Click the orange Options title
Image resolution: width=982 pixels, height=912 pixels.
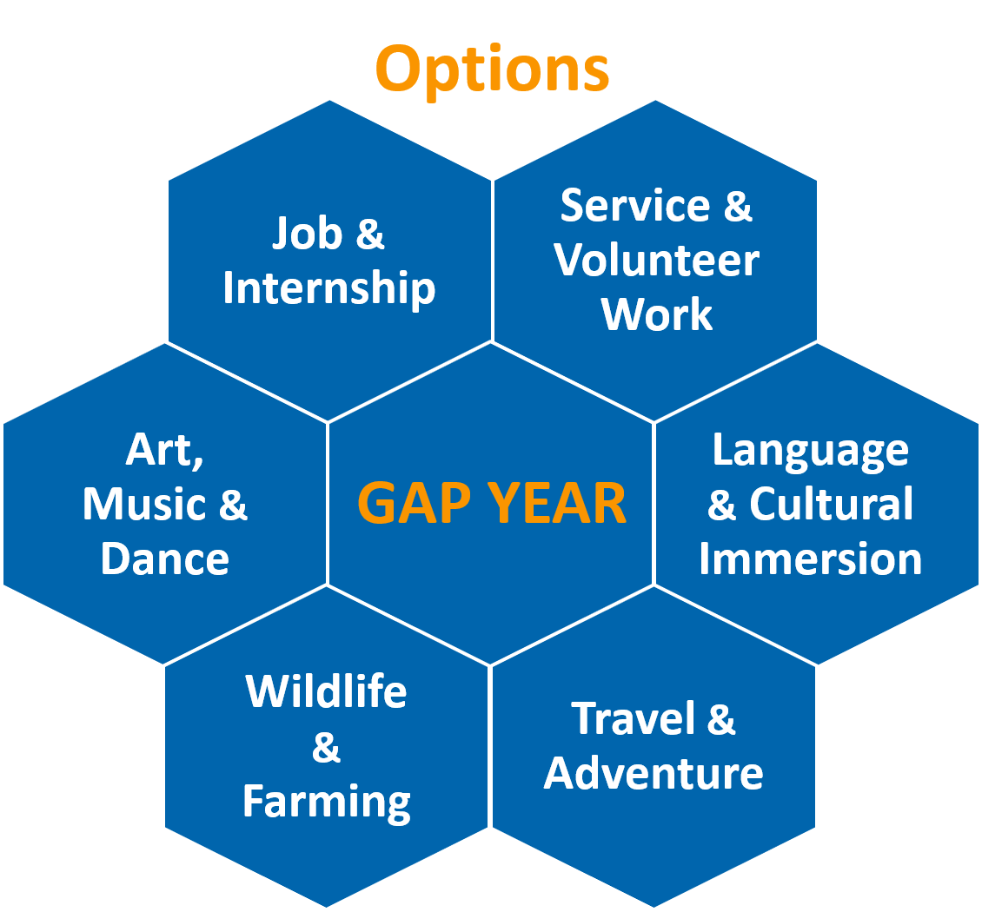[x=492, y=70]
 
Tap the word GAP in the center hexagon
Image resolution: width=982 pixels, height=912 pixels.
[x=414, y=503]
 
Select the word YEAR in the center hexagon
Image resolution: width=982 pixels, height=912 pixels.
[x=557, y=503]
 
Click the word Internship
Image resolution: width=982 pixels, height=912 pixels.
[x=328, y=288]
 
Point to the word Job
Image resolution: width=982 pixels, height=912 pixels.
[x=308, y=233]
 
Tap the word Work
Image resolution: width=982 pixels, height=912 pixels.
[x=656, y=314]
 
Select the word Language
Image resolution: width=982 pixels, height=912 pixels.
[x=811, y=452]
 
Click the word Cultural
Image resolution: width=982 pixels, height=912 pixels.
[x=832, y=503]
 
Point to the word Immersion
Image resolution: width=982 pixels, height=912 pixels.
[x=811, y=558]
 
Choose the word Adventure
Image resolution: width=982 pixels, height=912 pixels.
[x=654, y=773]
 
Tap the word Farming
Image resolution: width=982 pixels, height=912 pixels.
[x=326, y=803]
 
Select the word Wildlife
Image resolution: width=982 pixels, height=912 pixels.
[x=326, y=691]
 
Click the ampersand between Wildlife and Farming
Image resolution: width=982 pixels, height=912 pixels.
[x=326, y=747]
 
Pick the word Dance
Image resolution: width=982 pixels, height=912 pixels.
[x=165, y=558]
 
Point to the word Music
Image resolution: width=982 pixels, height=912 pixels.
[x=144, y=504]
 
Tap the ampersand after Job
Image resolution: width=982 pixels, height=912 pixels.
[x=370, y=234]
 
